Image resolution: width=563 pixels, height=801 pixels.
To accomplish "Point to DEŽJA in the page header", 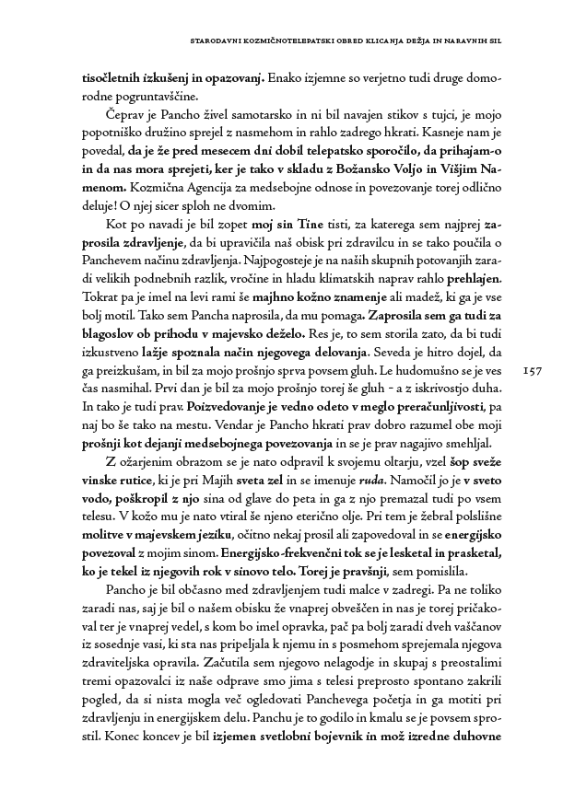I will coord(411,41).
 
